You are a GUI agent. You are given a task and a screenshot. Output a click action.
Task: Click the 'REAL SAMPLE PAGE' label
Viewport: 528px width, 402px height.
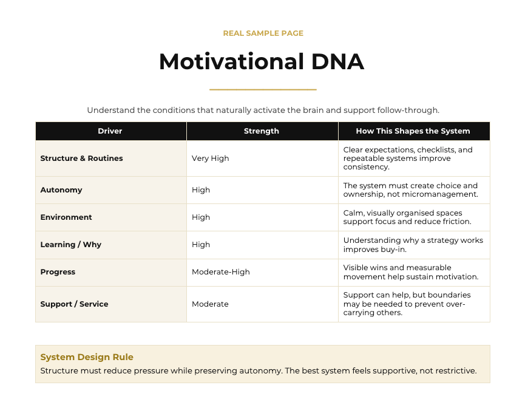click(263, 33)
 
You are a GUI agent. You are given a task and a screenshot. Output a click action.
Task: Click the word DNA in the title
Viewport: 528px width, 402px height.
click(337, 62)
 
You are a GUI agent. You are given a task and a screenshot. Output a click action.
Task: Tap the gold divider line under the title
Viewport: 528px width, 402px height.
click(263, 90)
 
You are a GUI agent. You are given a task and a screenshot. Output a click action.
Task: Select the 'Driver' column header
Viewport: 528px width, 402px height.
click(110, 131)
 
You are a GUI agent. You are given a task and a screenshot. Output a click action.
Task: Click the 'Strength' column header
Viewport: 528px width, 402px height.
click(262, 131)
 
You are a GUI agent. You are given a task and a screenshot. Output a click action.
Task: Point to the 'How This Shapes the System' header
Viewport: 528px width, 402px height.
click(413, 131)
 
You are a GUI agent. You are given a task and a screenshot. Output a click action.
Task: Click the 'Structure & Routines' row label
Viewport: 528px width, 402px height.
click(81, 158)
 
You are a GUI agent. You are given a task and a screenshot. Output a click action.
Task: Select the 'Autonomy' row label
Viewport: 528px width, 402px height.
click(61, 190)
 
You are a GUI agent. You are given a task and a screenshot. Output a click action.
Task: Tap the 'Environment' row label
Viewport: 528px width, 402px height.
click(66, 217)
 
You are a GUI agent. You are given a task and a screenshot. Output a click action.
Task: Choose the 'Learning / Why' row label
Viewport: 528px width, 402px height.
click(71, 245)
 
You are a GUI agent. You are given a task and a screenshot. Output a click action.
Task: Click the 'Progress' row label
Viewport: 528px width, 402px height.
click(58, 272)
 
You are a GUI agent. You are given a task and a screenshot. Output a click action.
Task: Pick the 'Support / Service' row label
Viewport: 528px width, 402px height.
click(75, 304)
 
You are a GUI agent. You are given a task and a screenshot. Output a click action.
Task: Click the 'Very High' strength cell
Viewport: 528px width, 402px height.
click(211, 158)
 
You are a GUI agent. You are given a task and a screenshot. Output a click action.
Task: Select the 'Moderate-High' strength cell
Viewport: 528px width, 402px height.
click(221, 272)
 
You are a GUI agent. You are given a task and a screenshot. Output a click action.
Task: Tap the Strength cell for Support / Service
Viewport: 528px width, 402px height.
click(210, 304)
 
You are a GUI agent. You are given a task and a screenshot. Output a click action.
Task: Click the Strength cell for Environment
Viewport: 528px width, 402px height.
click(201, 217)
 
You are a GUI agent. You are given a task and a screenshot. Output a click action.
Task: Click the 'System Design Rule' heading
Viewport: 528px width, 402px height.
click(87, 357)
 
